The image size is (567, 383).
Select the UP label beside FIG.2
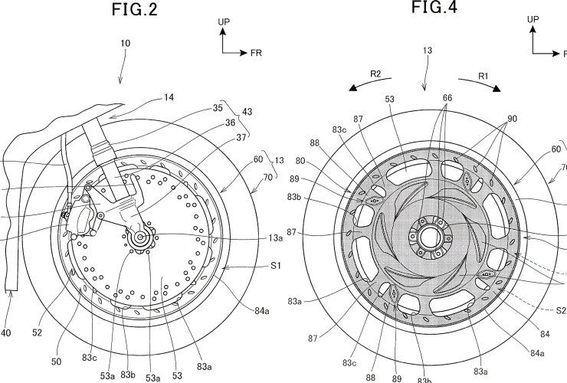coord(224,23)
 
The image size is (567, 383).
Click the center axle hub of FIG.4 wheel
coord(424,231)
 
